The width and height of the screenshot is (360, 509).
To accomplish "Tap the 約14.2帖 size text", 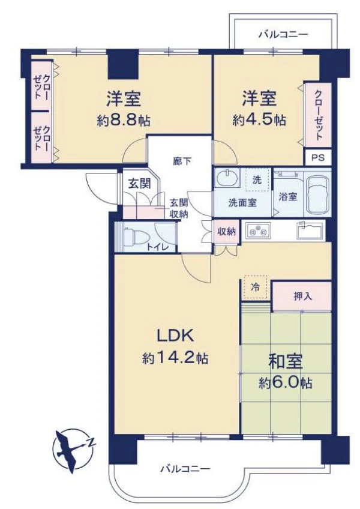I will tap(175, 358).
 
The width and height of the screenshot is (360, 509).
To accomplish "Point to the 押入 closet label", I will tap(302, 297).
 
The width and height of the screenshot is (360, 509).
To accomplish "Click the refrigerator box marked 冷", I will tap(255, 287).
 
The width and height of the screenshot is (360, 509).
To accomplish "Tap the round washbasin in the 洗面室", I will tap(227, 179).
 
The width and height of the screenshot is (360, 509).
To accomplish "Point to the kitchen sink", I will tap(311, 229).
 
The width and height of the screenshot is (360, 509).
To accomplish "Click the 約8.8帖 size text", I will tap(124, 120).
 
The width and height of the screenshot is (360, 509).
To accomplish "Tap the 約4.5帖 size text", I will tap(259, 119).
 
